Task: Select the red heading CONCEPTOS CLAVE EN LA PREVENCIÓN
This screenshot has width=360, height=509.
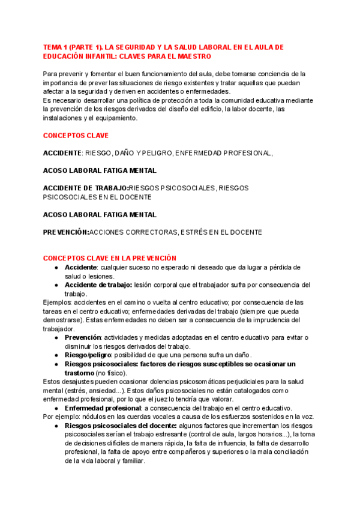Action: click(x=110, y=258)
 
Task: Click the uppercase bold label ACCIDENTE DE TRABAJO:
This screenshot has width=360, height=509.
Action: click(x=86, y=188)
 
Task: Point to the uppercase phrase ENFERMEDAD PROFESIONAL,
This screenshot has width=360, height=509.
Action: click(x=232, y=153)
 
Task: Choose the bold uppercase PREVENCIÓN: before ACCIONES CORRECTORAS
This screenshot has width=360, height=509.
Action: click(x=66, y=232)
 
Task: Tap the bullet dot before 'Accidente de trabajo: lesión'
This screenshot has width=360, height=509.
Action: click(x=56, y=285)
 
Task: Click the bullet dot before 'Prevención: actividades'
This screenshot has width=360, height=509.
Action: click(x=56, y=337)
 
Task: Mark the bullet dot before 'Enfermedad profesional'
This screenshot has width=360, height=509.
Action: click(x=56, y=408)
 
